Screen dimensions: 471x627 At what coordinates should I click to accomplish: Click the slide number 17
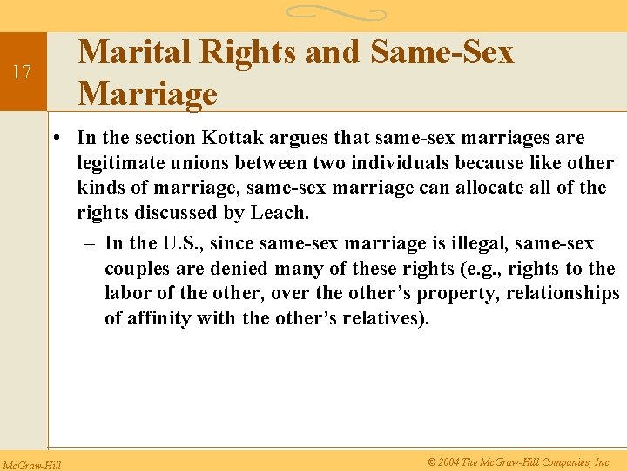click(24, 72)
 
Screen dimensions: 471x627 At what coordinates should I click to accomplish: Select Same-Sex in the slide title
click(442, 52)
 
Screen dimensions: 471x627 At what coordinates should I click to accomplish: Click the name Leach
click(281, 212)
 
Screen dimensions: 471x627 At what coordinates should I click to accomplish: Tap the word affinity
click(158, 317)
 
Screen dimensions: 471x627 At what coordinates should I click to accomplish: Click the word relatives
click(387, 317)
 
